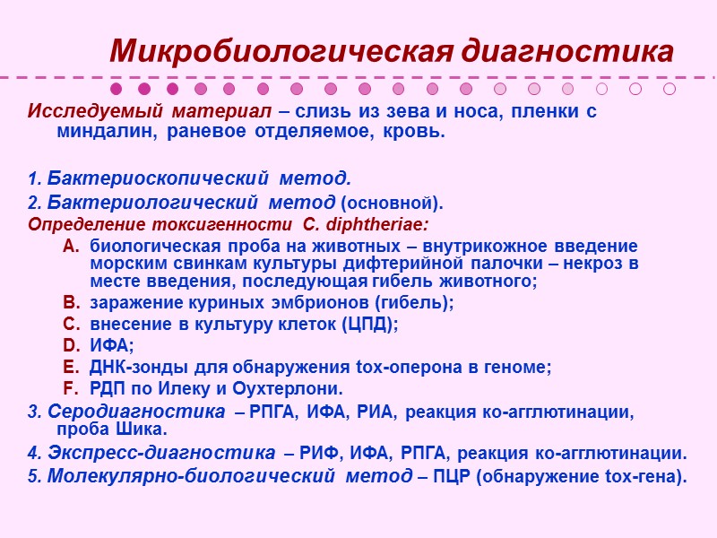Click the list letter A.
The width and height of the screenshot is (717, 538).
tap(71, 246)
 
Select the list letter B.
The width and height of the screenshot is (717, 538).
tap(71, 302)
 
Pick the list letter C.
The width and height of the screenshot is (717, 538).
tap(71, 324)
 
